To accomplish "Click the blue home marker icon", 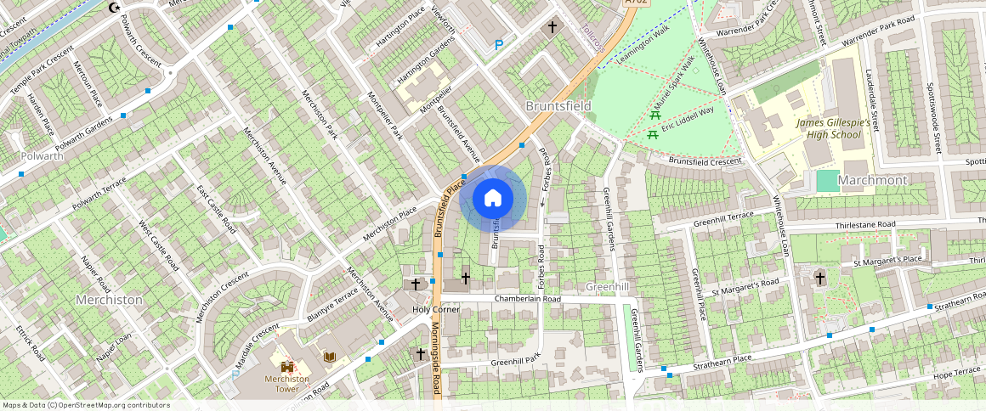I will [x=493, y=199].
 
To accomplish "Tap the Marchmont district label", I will [x=872, y=181].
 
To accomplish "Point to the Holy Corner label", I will [x=435, y=309].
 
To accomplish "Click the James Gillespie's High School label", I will [x=834, y=128].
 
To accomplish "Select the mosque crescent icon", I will [x=116, y=8].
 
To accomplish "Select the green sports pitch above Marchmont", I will [x=827, y=181].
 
